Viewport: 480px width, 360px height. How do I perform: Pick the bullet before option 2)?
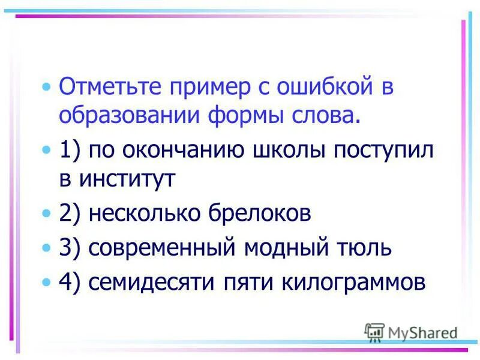pyautogui.click(x=47, y=214)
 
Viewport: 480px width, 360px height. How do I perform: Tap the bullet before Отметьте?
pyautogui.click(x=47, y=88)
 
